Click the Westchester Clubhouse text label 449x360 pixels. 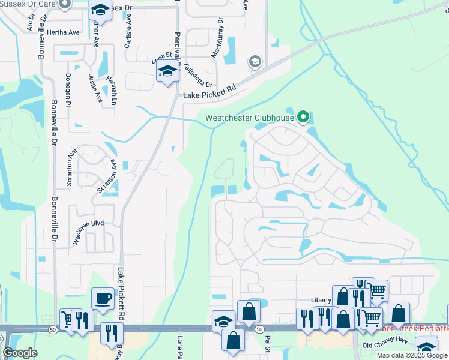pos(250,118)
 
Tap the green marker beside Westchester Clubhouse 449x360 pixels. pos(304,116)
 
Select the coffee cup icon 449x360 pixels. pos(103,298)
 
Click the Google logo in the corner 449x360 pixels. pos(20,353)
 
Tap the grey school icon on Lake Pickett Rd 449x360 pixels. pos(255,61)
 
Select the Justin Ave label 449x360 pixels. pos(93,86)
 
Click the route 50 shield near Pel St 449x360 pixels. pos(259,329)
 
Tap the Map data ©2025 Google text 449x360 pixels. pos(412,355)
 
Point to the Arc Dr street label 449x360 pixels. pos(30,22)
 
